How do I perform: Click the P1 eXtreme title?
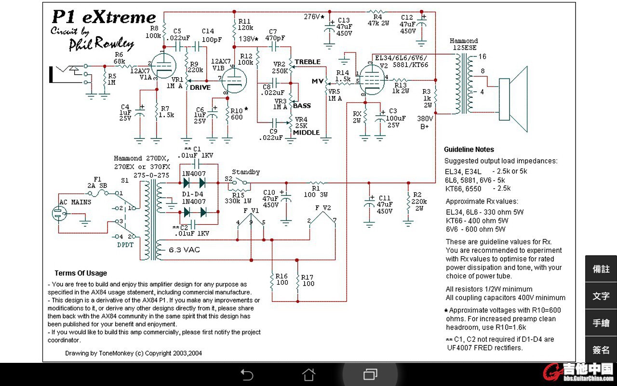click(103, 17)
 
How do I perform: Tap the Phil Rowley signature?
click(101, 43)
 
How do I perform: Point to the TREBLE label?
click(308, 62)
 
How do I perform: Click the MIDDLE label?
click(306, 133)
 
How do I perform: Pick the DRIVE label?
click(200, 88)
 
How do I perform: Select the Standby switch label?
click(246, 172)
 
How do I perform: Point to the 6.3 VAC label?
click(184, 250)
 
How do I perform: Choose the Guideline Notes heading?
click(469, 150)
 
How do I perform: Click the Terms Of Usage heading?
click(80, 273)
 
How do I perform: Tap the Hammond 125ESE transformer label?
click(464, 44)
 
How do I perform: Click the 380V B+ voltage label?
click(425, 122)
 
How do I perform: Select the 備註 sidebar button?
click(601, 269)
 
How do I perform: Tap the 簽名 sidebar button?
click(601, 350)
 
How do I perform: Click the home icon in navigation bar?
click(308, 374)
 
